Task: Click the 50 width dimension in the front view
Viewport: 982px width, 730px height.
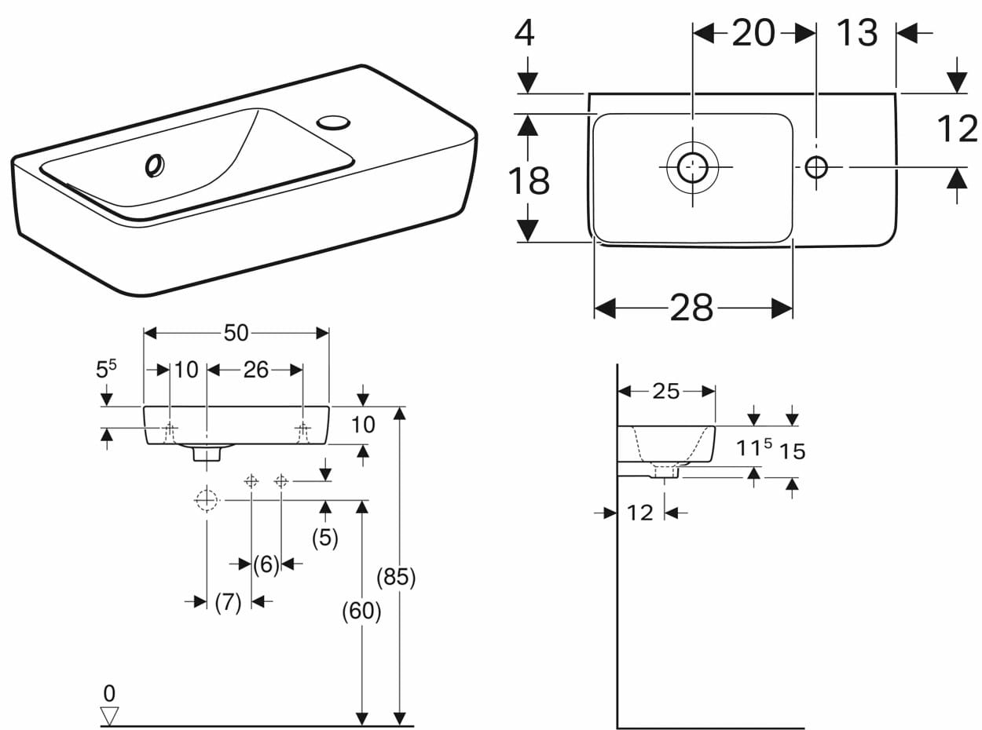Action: point(236,333)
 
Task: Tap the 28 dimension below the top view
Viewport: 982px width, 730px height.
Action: point(691,308)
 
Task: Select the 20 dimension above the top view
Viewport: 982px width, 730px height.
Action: point(753,33)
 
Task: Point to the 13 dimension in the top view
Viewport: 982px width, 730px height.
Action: point(858,33)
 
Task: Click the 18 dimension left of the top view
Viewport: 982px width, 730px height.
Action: point(529,181)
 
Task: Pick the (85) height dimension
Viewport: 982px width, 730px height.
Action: point(396,577)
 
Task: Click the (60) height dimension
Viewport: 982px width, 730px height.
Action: point(361,611)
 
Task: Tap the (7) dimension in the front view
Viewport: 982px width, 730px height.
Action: point(228,602)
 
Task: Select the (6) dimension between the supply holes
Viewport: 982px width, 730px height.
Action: point(266,564)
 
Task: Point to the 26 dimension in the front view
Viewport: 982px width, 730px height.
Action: point(256,370)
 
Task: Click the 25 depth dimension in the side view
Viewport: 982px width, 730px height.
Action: point(666,392)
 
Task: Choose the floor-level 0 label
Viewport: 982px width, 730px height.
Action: point(109,693)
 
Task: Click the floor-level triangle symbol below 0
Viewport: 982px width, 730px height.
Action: point(109,716)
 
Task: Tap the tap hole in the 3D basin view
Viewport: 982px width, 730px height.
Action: point(333,122)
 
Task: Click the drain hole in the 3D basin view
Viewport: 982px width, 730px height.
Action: point(155,166)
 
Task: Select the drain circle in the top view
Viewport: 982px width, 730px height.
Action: point(692,167)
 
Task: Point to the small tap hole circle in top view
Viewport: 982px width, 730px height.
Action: point(816,167)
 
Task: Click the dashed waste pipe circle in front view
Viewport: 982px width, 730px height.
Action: point(207,499)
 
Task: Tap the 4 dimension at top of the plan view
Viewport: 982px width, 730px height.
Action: point(524,33)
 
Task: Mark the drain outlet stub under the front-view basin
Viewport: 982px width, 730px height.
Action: point(207,454)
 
